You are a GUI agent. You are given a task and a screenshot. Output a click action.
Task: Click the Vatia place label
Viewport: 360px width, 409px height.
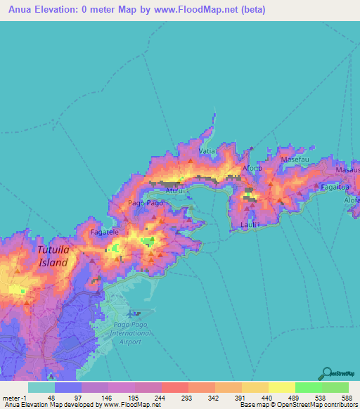tap(206, 152)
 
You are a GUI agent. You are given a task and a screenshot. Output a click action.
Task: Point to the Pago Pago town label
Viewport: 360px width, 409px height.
tap(145, 203)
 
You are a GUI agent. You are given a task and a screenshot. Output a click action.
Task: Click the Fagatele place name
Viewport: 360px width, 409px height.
tap(103, 231)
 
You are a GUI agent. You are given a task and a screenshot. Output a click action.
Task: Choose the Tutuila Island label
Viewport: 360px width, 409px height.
tap(53, 257)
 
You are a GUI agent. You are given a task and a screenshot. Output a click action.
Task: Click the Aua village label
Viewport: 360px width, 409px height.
tap(174, 189)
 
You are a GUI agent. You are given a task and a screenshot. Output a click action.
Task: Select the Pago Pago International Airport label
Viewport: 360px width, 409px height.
tap(127, 333)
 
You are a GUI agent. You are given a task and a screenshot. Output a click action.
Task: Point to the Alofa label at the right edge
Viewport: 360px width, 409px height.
tap(352, 200)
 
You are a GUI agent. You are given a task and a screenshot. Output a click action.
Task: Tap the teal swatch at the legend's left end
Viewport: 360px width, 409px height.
tap(41, 387)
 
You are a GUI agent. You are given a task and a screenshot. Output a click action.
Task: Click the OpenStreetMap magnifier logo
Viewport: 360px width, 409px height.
tap(327, 372)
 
